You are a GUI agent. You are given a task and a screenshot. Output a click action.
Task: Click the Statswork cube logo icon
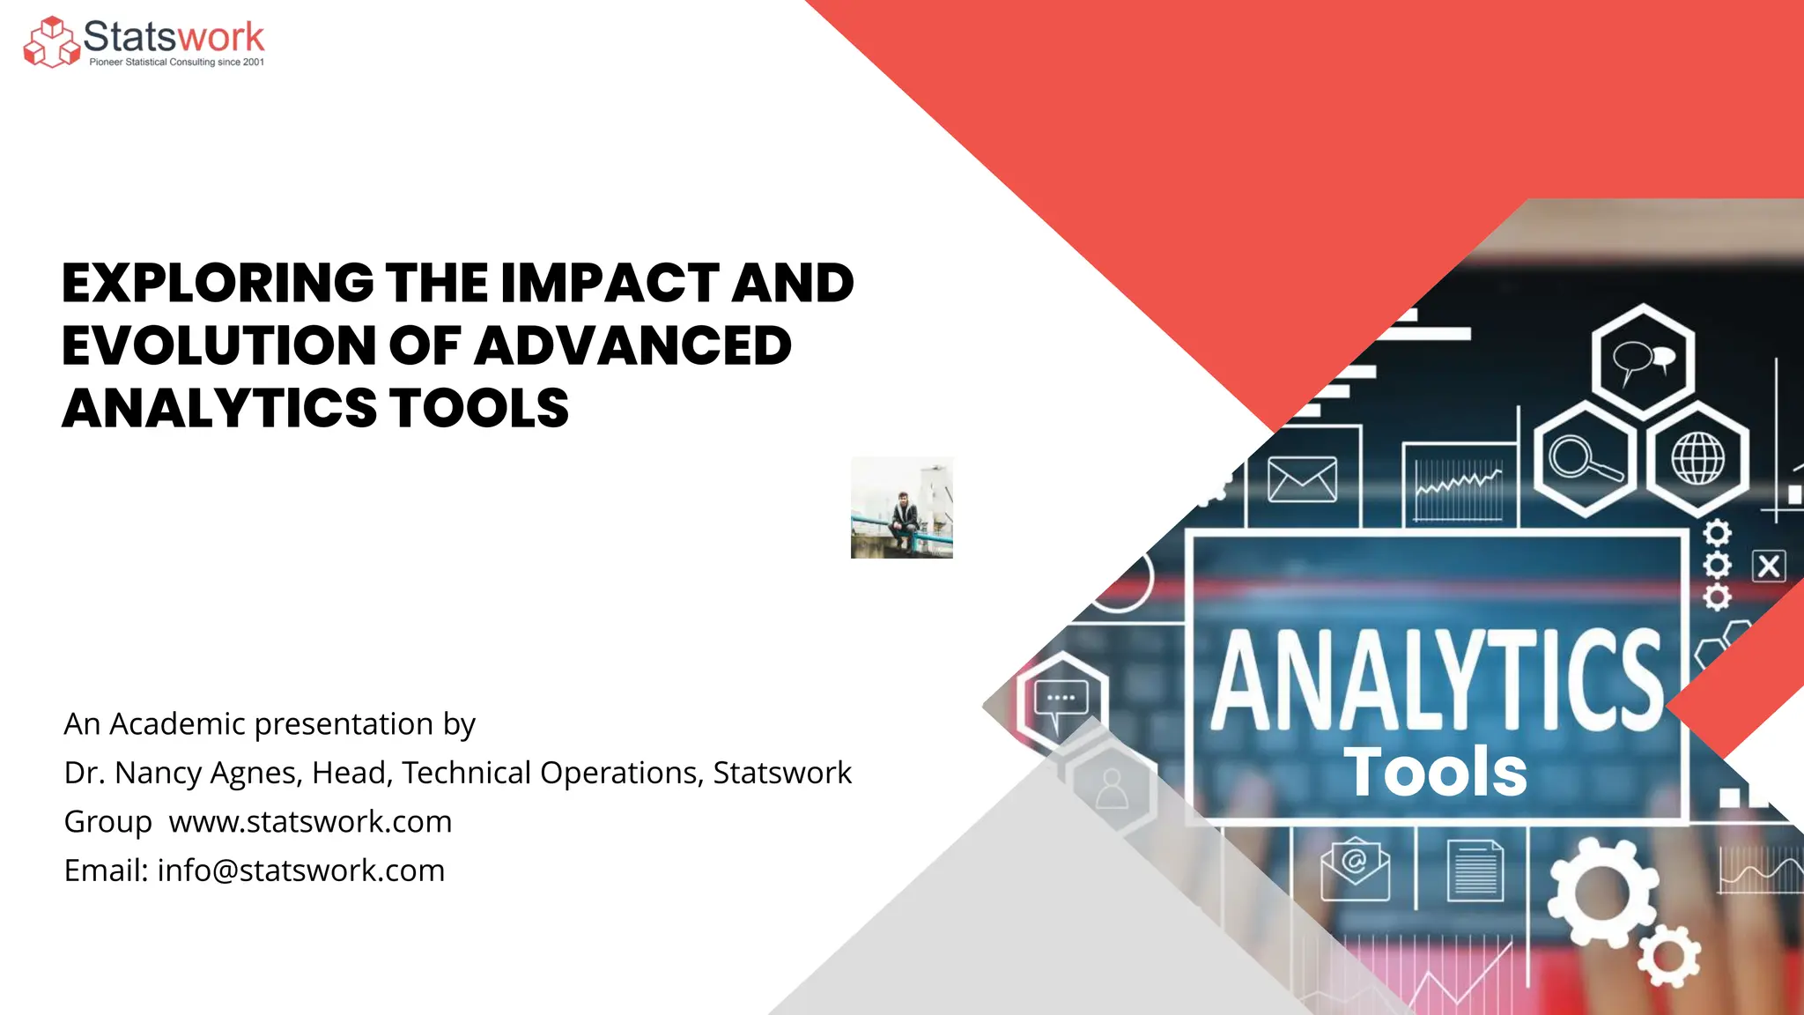pos(51,42)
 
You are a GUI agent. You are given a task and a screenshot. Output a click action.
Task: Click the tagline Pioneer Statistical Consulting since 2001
pos(176,63)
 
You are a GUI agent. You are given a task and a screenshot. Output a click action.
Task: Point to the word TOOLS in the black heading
pos(479,409)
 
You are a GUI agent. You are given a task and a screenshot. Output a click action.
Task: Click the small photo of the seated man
pos(901,507)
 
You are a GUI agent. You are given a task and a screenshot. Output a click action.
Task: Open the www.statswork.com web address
pos(310,822)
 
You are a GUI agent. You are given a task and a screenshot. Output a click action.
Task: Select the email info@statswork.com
pos(300,871)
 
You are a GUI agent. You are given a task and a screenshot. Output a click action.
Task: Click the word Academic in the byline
pos(181,724)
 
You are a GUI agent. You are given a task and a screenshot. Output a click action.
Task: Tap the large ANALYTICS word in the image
pos(1436,681)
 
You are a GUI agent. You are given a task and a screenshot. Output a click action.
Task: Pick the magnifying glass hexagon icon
pos(1585,459)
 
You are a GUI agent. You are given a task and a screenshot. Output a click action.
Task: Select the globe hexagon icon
pos(1697,459)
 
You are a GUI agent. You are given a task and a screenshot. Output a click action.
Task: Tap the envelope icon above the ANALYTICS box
pos(1302,480)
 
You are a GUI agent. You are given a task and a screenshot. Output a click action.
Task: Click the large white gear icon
pos(1601,893)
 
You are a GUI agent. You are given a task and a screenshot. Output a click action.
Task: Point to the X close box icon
pos(1769,566)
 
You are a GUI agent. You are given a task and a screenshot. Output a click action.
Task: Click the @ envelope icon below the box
pos(1355,868)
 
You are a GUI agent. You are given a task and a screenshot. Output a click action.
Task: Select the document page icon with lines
pos(1475,871)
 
